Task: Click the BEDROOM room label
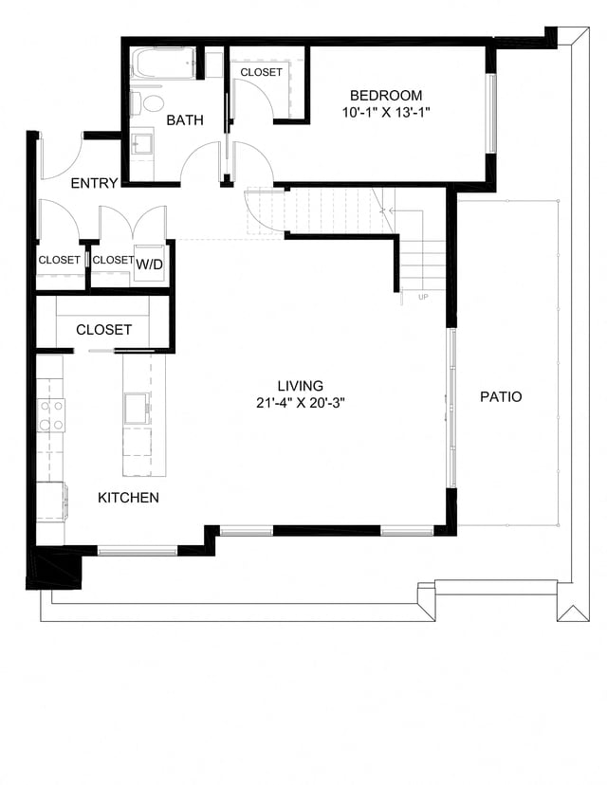coord(386,95)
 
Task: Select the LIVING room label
coord(301,386)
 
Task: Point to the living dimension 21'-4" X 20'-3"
coord(301,402)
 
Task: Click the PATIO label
coord(500,397)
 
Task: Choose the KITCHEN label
coord(129,497)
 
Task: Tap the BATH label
coord(185,120)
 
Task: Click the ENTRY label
coord(95,183)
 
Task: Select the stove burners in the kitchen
coord(51,413)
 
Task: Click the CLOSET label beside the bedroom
coord(261,72)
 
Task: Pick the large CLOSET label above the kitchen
coord(103,329)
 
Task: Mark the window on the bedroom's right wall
coord(490,113)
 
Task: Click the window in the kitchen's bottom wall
coord(137,549)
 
